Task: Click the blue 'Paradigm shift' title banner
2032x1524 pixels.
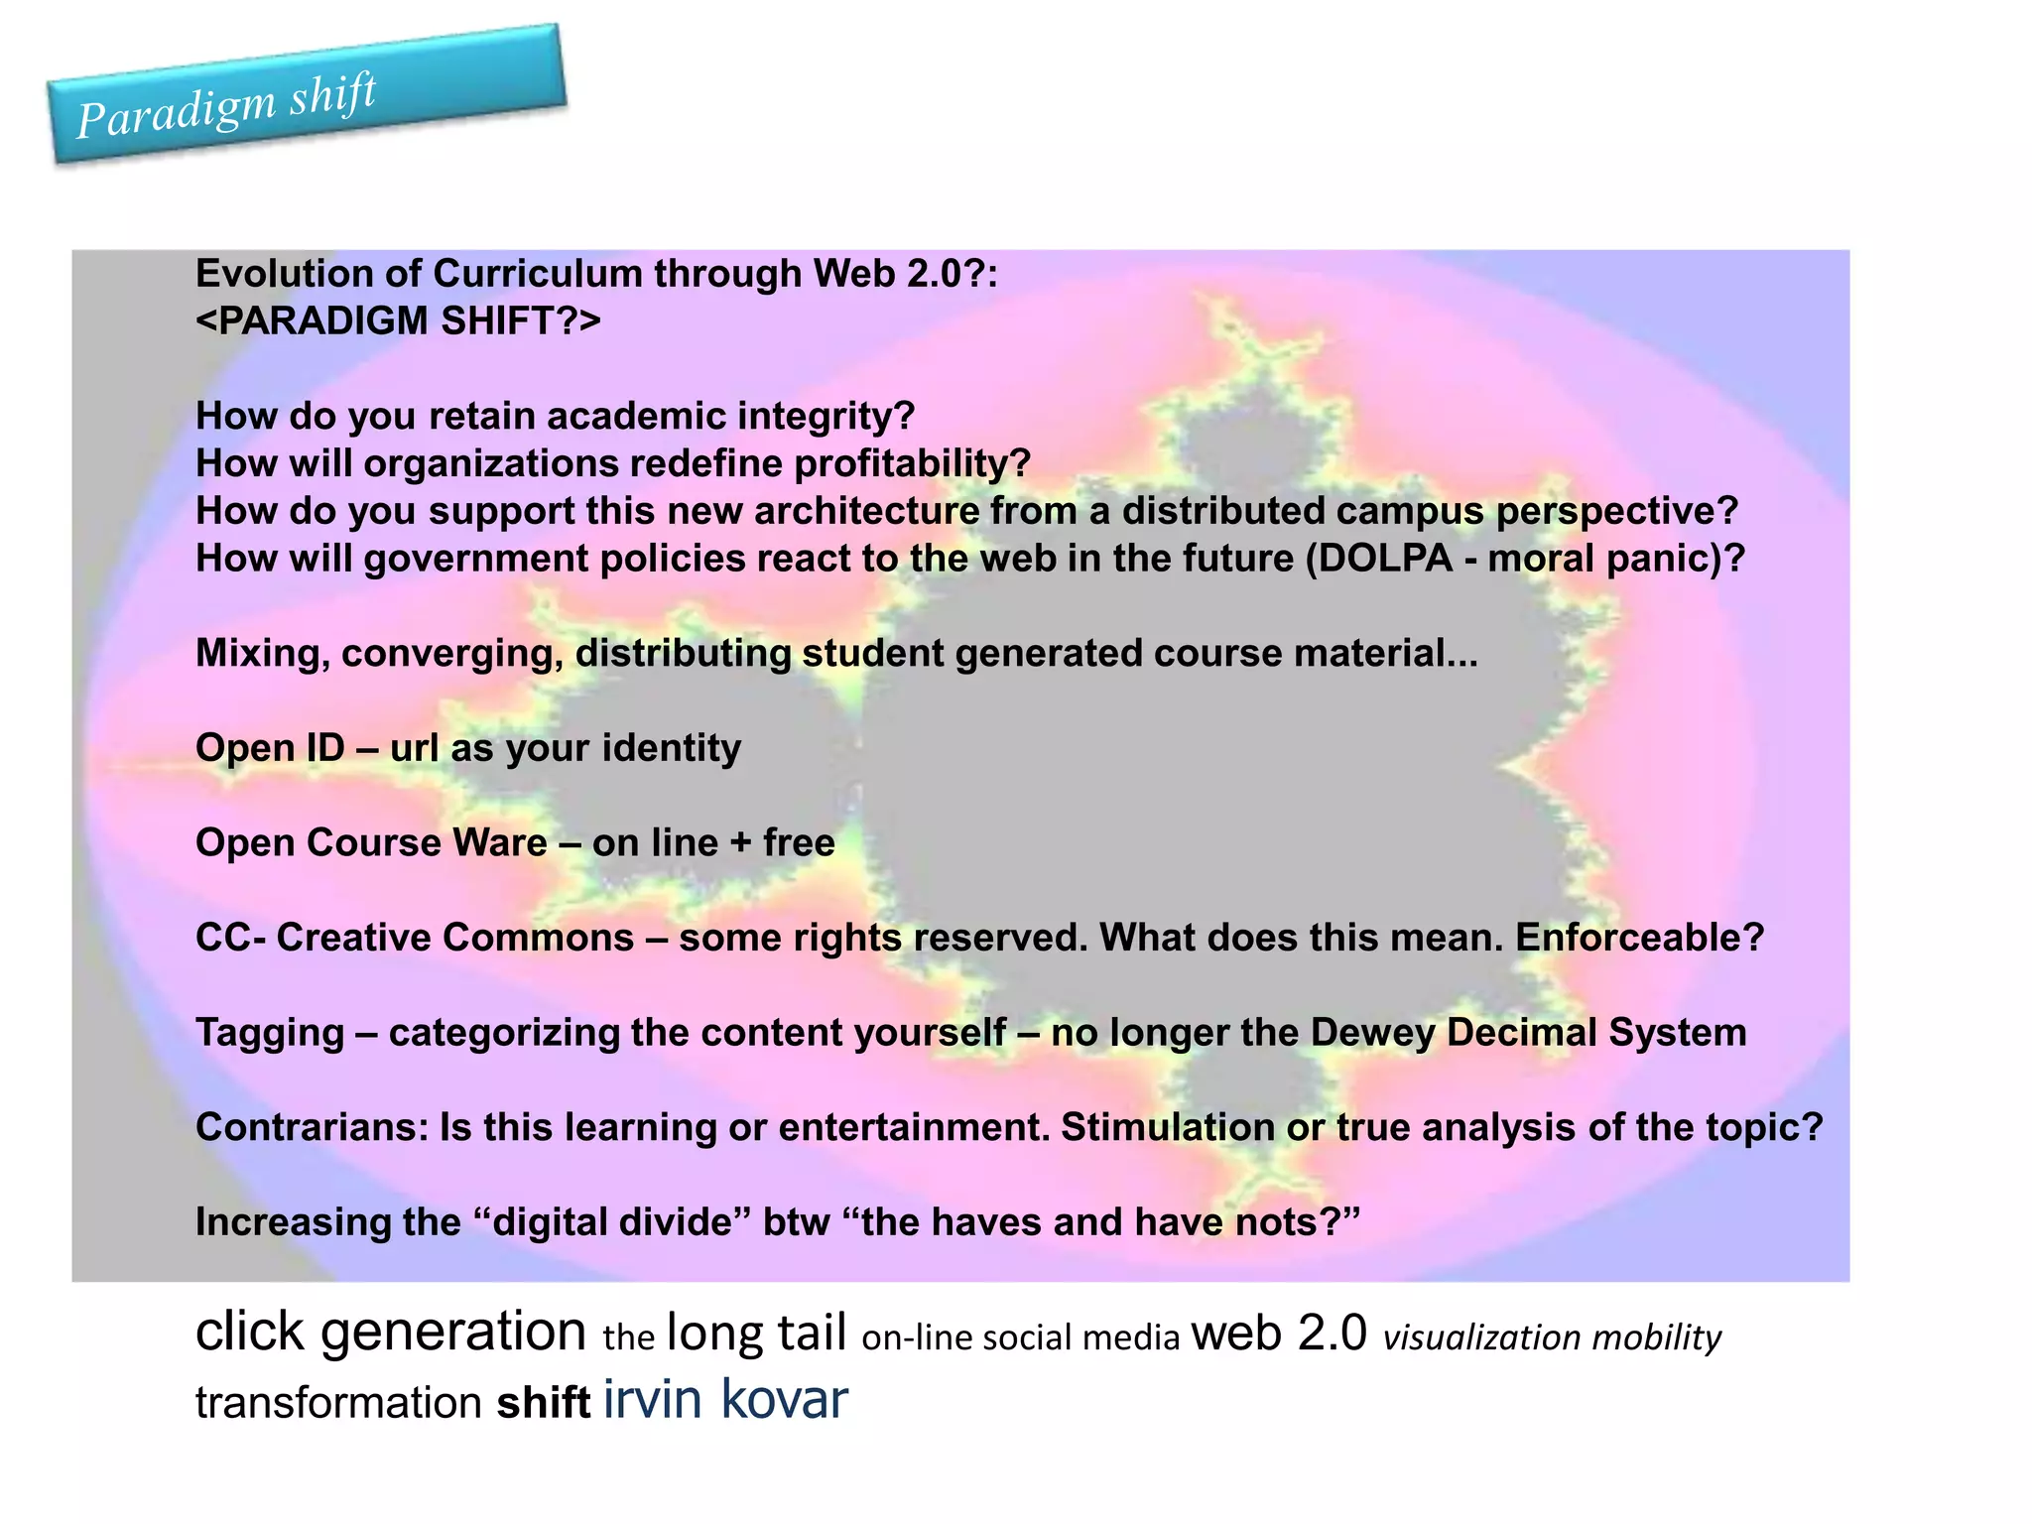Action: pos(308,95)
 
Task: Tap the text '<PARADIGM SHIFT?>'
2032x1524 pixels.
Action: pos(398,321)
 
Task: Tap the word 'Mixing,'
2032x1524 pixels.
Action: pos(262,654)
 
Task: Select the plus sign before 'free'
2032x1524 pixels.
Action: pos(740,843)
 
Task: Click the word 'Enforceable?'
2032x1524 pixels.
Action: pos(1639,938)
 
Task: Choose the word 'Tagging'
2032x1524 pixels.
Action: pos(270,1033)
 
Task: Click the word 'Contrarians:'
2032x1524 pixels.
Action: pos(312,1127)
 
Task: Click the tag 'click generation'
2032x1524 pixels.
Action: pos(391,1332)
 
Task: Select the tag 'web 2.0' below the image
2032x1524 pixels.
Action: pos(1279,1333)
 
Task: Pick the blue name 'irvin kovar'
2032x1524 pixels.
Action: pos(725,1399)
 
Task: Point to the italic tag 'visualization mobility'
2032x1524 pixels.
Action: pos(1552,1338)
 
